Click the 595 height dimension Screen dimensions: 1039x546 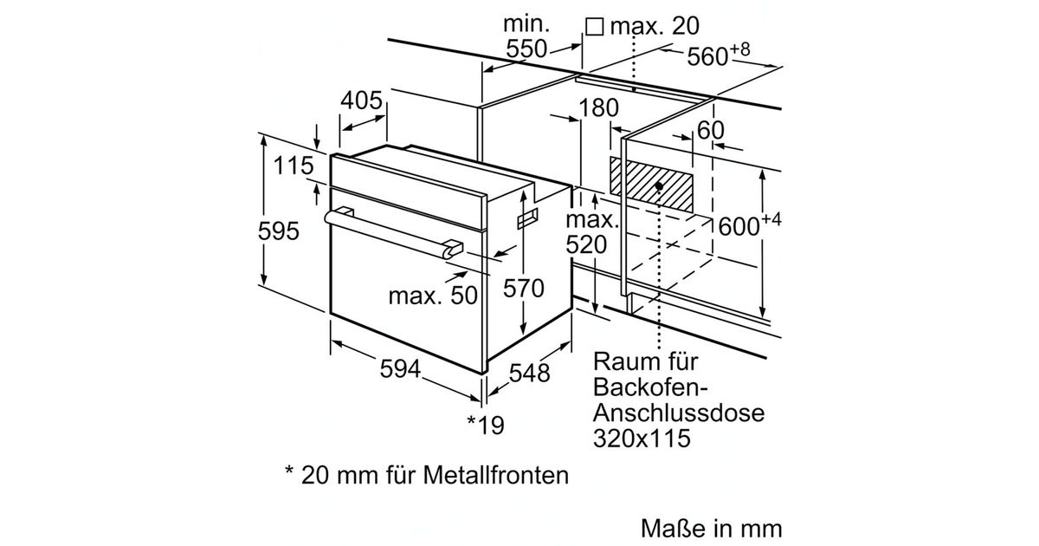(278, 231)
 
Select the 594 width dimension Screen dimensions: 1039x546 (400, 369)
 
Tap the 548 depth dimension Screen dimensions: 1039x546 (530, 373)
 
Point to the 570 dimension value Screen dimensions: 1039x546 (523, 289)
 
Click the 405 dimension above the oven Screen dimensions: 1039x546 (361, 101)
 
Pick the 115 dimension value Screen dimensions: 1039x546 (294, 166)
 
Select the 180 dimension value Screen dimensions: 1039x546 (598, 107)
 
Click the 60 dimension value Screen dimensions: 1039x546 (710, 130)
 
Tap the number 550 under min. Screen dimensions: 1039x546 (526, 49)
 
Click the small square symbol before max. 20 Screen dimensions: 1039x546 (594, 27)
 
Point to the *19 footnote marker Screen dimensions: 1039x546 (486, 425)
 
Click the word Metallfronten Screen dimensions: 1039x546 (496, 475)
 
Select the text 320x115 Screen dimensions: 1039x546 (642, 438)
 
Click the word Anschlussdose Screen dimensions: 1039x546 (679, 413)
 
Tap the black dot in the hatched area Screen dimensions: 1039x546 (659, 185)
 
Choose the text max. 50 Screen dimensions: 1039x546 (433, 296)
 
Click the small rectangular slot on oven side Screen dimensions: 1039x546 (528, 218)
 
